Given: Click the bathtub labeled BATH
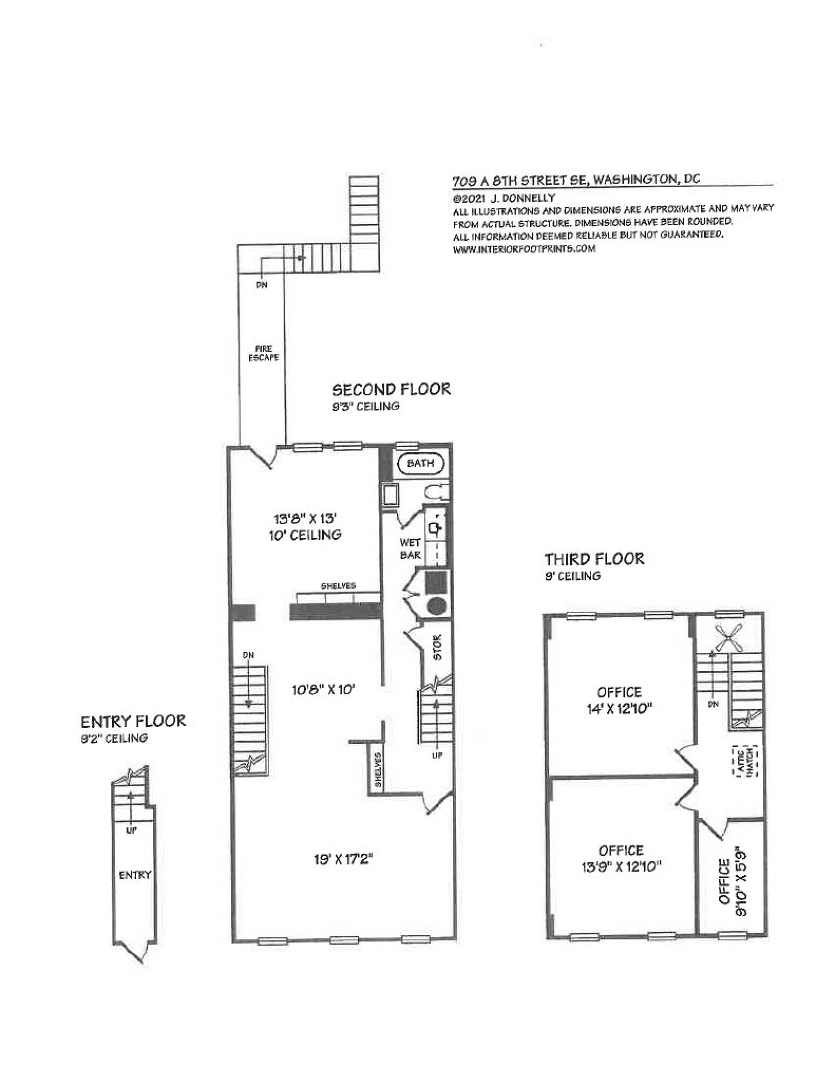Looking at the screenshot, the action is (x=420, y=463).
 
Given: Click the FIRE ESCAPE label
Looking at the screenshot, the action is (x=263, y=353).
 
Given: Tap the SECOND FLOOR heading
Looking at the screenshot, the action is (x=391, y=390).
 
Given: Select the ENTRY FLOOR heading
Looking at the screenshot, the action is (x=133, y=721).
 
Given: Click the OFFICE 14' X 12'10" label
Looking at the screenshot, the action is (x=619, y=700).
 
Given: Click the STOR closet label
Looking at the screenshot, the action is (x=437, y=647).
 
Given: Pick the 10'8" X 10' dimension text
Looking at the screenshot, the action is (x=323, y=690).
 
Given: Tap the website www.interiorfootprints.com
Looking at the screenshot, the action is (x=524, y=249).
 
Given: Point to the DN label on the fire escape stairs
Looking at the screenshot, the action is (x=262, y=286).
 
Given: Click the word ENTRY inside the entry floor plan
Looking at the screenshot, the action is (x=135, y=875).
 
